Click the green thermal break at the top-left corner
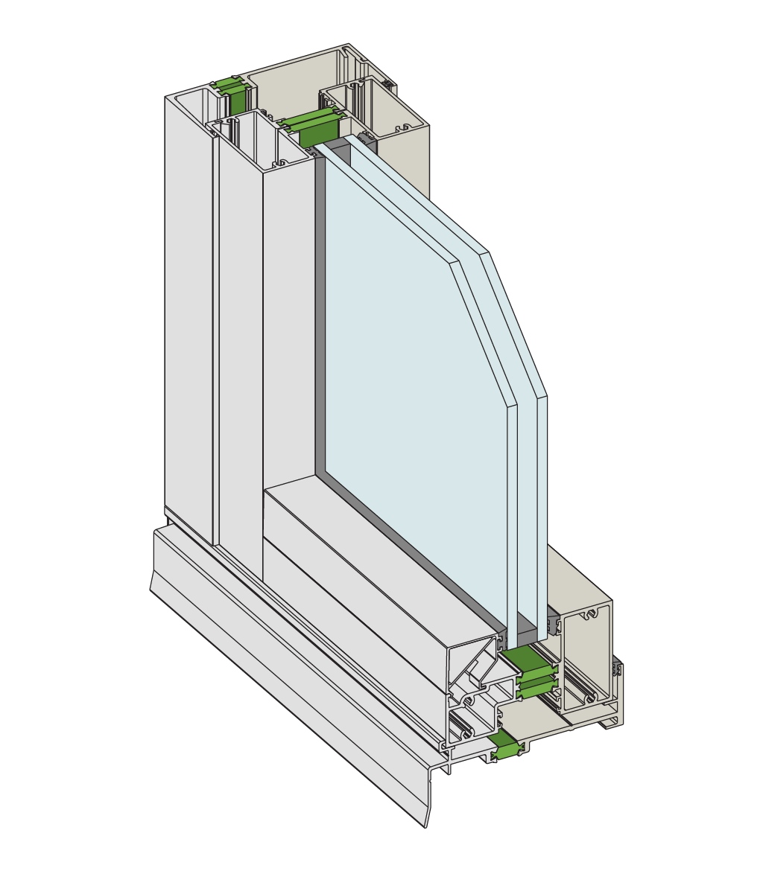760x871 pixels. [233, 97]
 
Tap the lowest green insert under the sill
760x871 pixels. [507, 747]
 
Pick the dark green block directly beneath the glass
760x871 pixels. [528, 661]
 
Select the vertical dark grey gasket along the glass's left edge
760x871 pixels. [320, 313]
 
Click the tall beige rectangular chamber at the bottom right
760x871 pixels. [589, 655]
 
